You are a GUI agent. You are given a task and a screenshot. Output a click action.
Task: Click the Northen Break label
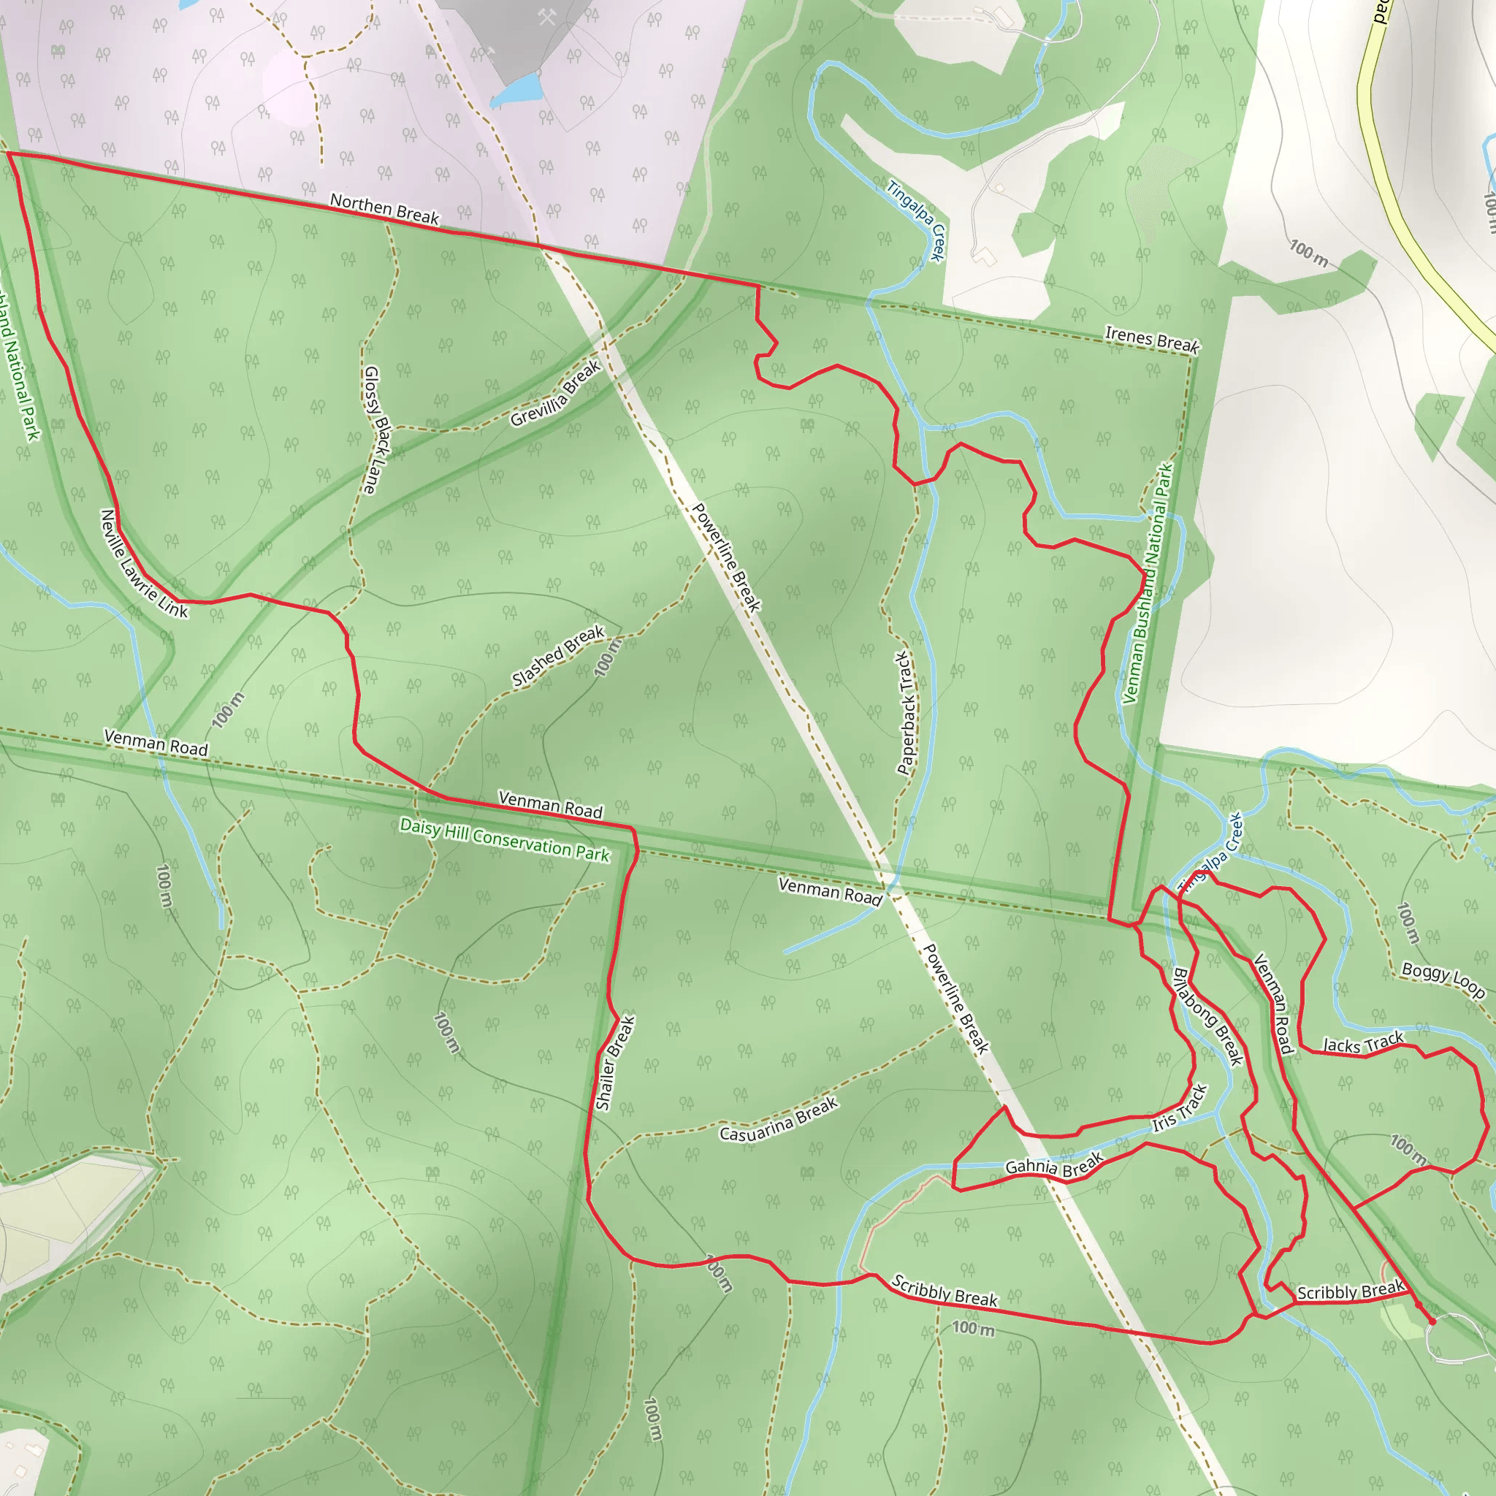(384, 209)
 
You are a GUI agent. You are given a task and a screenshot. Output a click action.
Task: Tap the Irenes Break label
(1151, 338)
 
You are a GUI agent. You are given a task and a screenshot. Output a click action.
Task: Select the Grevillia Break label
(555, 394)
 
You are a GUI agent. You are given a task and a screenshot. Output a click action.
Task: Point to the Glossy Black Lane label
(376, 430)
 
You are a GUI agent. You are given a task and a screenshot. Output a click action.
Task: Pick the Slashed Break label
(557, 655)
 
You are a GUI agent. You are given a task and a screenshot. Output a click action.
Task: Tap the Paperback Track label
(905, 712)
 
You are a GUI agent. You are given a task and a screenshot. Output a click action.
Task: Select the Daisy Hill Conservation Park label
(505, 839)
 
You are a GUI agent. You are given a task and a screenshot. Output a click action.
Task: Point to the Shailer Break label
(616, 1063)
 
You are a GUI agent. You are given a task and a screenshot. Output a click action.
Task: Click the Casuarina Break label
(778, 1120)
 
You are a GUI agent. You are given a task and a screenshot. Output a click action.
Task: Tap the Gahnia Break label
(1053, 1165)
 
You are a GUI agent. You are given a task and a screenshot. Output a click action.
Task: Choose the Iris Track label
(1178, 1109)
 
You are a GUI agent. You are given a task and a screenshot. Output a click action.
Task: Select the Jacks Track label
(1362, 1043)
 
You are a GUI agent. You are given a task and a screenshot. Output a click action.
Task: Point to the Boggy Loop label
(1443, 980)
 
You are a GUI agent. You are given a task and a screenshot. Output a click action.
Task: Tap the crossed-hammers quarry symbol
(546, 17)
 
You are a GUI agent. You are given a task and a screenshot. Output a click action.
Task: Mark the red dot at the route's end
(1432, 1321)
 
